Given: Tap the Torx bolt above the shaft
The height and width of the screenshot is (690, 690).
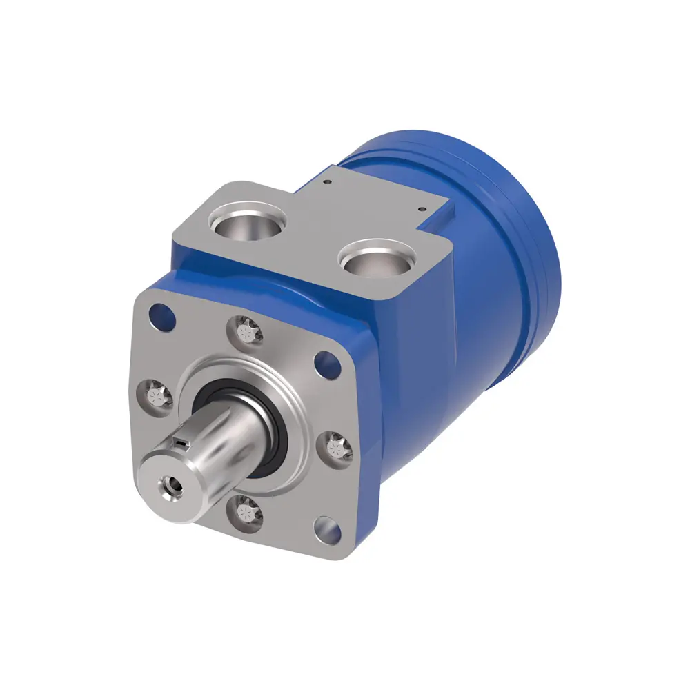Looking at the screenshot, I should tap(246, 331).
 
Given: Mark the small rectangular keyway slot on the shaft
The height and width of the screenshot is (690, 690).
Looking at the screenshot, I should tap(181, 441).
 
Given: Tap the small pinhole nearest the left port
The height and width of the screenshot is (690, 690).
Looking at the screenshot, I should tap(326, 182).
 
